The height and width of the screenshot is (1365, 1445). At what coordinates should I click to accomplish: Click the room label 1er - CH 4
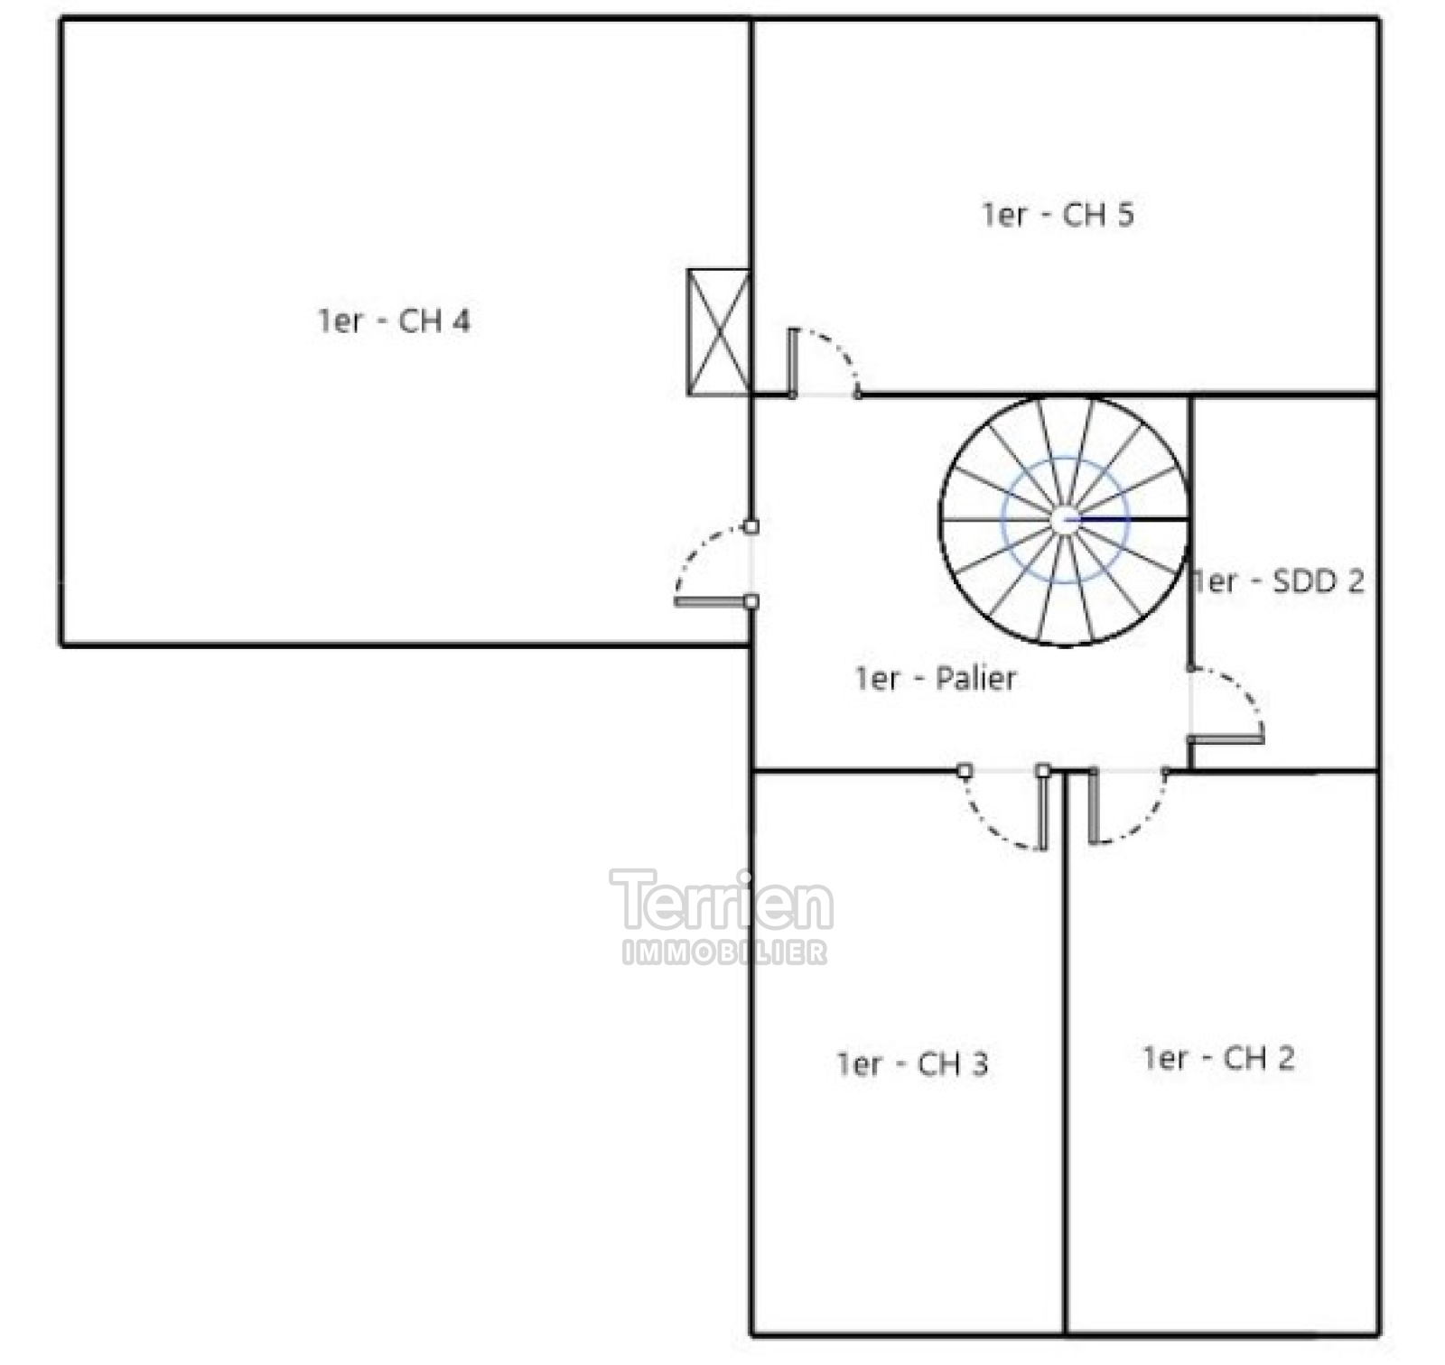(x=394, y=320)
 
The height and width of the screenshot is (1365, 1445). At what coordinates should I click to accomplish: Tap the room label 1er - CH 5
(x=1058, y=214)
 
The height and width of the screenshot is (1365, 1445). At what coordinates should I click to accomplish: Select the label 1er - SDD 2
(x=1277, y=580)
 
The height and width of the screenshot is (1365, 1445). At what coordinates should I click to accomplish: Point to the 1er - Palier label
(x=936, y=678)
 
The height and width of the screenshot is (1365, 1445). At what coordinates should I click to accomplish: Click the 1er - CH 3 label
(x=912, y=1063)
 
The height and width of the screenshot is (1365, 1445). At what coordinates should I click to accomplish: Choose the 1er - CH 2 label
(x=1218, y=1057)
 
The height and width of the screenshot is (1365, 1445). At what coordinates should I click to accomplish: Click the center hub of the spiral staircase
(x=1066, y=520)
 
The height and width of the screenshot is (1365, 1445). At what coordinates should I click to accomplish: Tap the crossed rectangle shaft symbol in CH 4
(x=718, y=332)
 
